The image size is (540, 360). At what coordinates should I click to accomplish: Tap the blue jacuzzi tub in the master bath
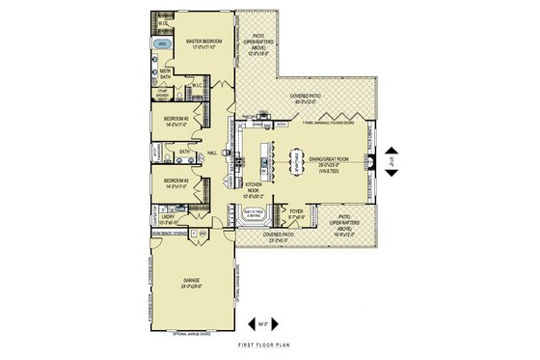pyautogui.click(x=163, y=44)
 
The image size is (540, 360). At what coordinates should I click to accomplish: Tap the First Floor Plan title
pyautogui.click(x=269, y=345)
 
